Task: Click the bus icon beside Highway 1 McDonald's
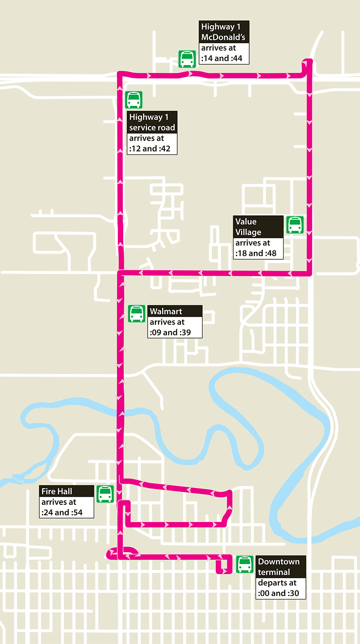point(187,59)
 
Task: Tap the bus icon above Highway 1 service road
point(134,100)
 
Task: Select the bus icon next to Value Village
point(295,224)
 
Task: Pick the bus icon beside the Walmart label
point(136,313)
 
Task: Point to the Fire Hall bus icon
point(105,494)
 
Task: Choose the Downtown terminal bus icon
point(245,564)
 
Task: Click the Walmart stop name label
point(175,311)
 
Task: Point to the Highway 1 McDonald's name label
point(223,32)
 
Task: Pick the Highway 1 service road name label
point(152,122)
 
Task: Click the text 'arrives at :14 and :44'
point(223,54)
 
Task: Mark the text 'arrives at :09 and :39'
point(175,327)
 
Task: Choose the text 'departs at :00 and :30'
point(281,588)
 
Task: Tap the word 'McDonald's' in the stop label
point(223,37)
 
